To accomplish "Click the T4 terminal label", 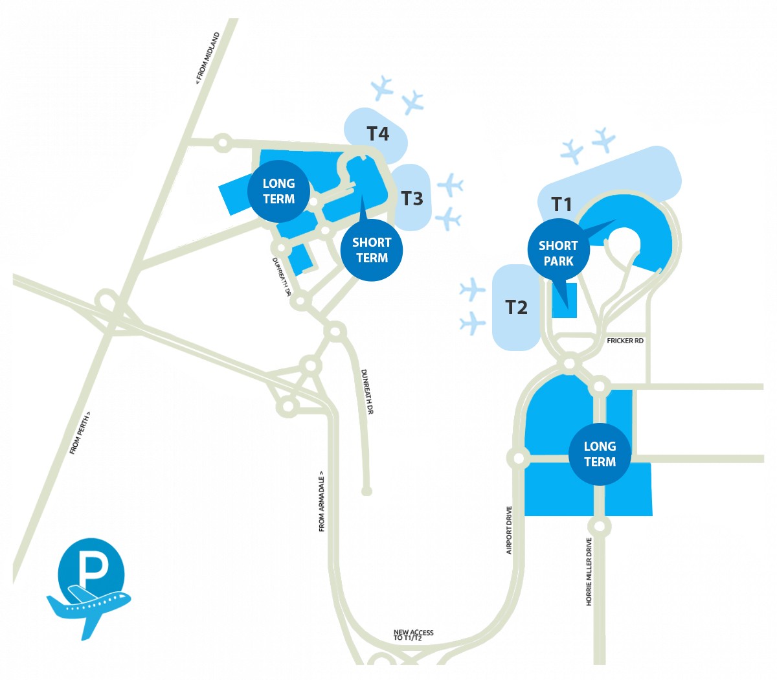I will click(x=378, y=133).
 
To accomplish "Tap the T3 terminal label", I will click(x=412, y=198).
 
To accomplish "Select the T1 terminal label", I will click(x=561, y=205).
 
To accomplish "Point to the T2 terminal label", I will click(x=516, y=307).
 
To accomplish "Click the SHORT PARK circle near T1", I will click(x=558, y=253).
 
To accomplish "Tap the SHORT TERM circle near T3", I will click(x=372, y=250).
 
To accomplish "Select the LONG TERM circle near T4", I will click(x=278, y=191).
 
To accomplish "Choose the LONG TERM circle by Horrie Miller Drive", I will click(x=600, y=454).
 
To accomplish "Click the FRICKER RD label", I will click(x=625, y=341).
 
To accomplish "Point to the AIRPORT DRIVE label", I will click(x=509, y=530).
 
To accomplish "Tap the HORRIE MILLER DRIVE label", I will click(x=589, y=572).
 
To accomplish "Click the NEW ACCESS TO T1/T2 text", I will click(x=413, y=635).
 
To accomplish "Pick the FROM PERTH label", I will click(x=80, y=433).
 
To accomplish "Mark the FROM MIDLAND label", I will click(x=208, y=58).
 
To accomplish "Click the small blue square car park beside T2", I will click(x=565, y=300).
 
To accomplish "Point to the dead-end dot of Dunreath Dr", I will click(x=366, y=492).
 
